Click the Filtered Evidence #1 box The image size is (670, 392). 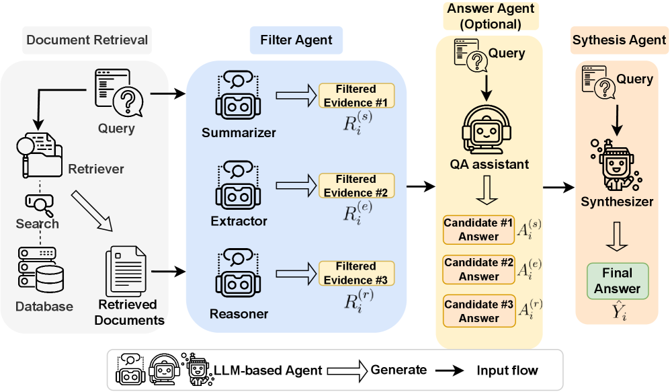(x=355, y=95)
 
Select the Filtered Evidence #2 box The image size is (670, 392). (x=355, y=186)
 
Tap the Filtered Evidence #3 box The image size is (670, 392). (x=355, y=274)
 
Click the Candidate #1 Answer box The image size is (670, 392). (x=478, y=229)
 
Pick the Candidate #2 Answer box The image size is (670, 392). (x=478, y=269)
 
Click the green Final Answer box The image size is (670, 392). (x=617, y=280)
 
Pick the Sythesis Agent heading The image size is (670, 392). (x=619, y=41)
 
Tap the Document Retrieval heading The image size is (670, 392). (x=87, y=40)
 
